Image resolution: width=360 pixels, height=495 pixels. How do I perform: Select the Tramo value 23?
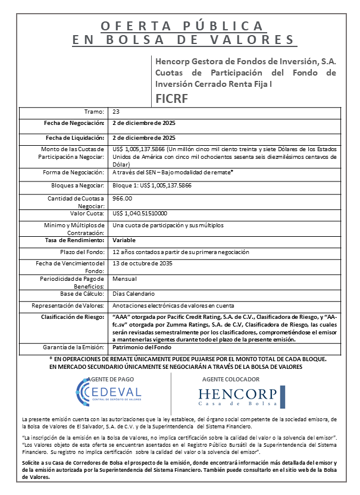pyautogui.click(x=116, y=112)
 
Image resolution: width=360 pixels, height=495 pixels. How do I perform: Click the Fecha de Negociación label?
pyautogui.click(x=74, y=123)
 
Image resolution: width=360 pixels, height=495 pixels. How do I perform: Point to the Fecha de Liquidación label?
pyautogui.click(x=75, y=137)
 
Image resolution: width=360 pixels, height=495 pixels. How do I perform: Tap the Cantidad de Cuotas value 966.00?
pyautogui.click(x=123, y=198)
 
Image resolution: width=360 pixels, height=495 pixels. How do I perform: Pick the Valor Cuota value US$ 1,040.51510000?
pyautogui.click(x=140, y=213)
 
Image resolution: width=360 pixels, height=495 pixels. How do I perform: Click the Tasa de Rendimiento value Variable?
pyautogui.click(x=124, y=240)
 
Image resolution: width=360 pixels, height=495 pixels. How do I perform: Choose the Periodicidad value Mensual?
pyautogui.click(x=124, y=278)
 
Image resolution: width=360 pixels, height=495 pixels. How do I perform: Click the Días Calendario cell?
pyautogui.click(x=134, y=293)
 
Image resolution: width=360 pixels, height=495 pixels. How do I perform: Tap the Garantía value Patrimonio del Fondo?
pyautogui.click(x=142, y=346)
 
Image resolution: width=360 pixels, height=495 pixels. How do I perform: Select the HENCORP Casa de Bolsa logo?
pyautogui.click(x=237, y=396)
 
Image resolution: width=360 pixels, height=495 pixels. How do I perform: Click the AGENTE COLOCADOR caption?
pyautogui.click(x=230, y=379)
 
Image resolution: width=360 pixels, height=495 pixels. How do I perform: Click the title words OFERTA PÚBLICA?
pyautogui.click(x=181, y=26)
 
